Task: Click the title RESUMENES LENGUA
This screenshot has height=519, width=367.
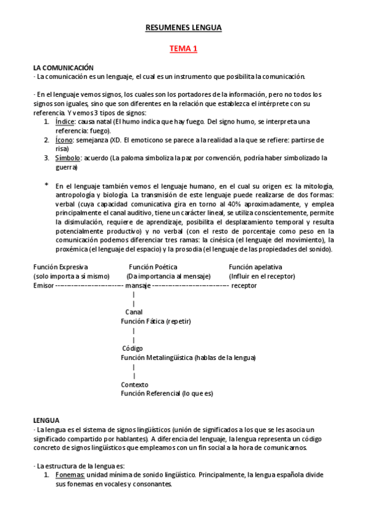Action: point(183,28)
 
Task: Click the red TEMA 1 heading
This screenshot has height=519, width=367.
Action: point(183,49)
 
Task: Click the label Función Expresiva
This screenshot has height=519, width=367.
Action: point(61,267)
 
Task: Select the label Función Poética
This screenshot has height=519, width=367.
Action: point(153,267)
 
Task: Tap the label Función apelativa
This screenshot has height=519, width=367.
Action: point(255,267)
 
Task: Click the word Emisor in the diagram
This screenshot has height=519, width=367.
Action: point(44,285)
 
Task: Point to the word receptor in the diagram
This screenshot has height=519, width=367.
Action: point(244,285)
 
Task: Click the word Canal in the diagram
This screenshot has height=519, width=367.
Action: point(134,312)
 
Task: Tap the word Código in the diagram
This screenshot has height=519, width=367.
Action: point(132,348)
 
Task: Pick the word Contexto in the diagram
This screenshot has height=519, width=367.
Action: point(134,384)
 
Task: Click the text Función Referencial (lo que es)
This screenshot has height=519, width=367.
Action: point(167,394)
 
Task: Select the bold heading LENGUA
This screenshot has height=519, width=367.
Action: point(46,420)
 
